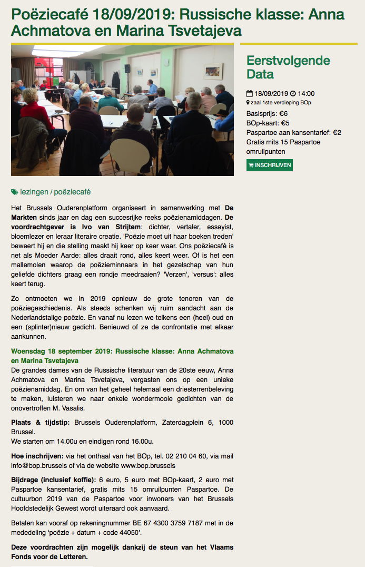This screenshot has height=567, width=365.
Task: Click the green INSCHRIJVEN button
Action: click(x=269, y=165)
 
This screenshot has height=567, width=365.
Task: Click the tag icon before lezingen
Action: click(x=14, y=192)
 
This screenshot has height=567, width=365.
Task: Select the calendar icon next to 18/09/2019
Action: click(x=249, y=94)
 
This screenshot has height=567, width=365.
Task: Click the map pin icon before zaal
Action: click(x=248, y=103)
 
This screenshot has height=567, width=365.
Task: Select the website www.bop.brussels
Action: click(x=148, y=465)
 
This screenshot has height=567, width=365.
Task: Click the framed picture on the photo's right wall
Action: click(x=213, y=71)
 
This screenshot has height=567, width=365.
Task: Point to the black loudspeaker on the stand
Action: click(x=127, y=69)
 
